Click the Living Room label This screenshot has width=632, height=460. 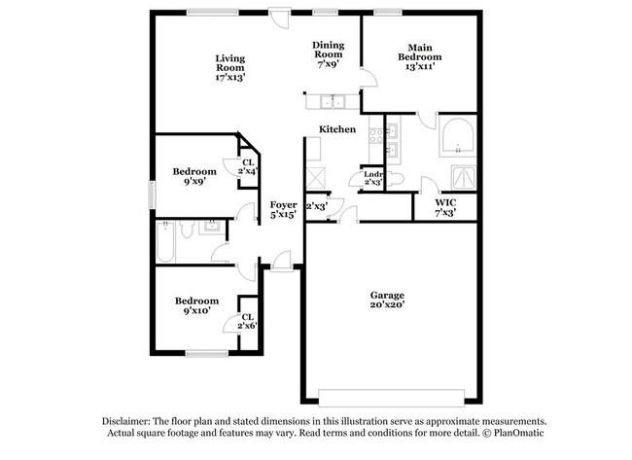click(x=229, y=67)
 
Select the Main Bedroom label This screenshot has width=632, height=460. click(x=419, y=56)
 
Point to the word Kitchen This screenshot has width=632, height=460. click(x=336, y=129)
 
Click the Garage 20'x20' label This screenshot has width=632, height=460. click(x=386, y=300)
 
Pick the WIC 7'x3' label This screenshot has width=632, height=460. click(x=444, y=206)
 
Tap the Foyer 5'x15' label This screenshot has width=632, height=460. click(x=283, y=209)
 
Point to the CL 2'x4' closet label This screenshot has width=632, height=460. click(x=248, y=166)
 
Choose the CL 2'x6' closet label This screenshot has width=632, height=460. click(x=247, y=322)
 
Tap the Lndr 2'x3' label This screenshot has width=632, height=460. click(x=372, y=178)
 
